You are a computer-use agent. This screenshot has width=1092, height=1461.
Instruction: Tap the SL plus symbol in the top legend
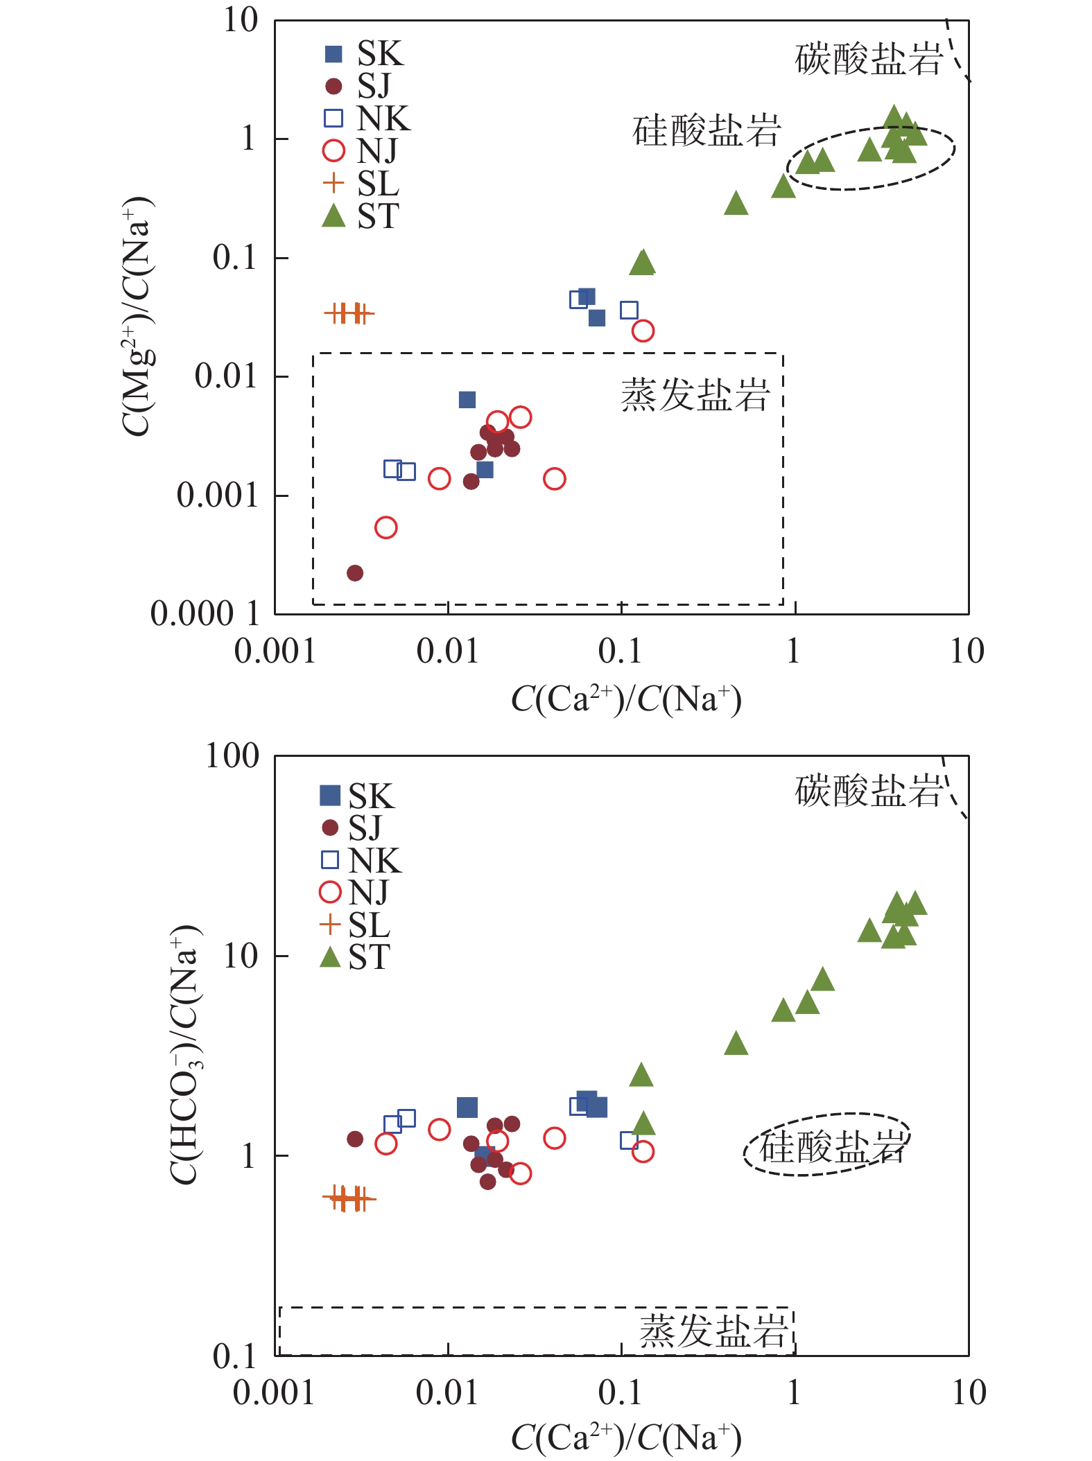(x=333, y=183)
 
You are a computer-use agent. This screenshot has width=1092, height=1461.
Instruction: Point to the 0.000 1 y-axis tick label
(x=205, y=614)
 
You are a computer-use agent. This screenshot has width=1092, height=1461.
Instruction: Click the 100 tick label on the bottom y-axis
(x=232, y=755)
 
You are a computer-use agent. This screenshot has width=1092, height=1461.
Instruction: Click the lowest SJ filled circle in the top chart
(x=355, y=573)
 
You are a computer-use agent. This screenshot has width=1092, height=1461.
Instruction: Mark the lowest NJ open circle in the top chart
(x=386, y=527)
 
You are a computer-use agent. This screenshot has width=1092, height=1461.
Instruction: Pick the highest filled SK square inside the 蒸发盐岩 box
(x=467, y=400)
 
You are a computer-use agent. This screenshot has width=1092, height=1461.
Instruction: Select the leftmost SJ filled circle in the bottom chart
(x=355, y=1139)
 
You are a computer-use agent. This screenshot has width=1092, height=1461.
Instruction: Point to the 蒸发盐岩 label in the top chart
(x=695, y=396)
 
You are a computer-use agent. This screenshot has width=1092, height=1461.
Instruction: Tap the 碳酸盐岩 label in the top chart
(x=869, y=58)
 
